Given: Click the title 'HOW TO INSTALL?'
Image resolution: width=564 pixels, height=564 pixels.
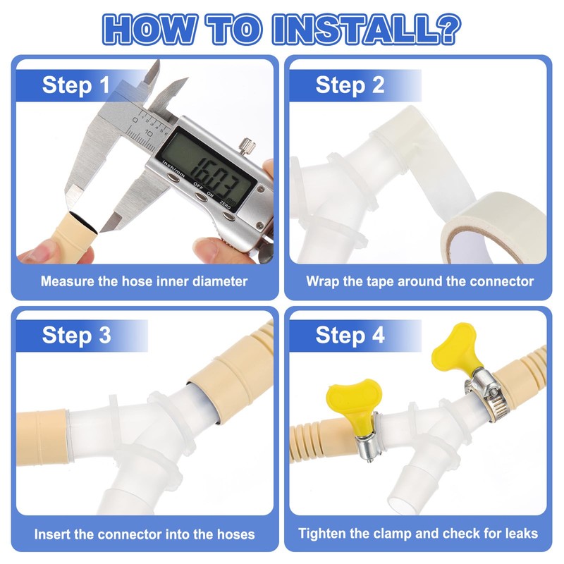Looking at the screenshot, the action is [281, 29].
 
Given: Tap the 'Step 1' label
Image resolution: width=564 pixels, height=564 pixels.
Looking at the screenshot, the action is [76, 85].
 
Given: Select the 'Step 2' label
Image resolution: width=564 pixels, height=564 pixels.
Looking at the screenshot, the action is [350, 85].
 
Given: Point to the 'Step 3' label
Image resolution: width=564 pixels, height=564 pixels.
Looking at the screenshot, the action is [76, 336].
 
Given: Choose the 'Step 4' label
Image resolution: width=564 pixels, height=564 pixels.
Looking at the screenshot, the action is [350, 336].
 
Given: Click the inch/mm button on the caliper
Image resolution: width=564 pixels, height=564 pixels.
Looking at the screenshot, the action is [173, 178].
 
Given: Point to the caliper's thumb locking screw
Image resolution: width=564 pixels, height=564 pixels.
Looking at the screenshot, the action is [247, 145].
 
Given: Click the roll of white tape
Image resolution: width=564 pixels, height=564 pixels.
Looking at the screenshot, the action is [493, 228].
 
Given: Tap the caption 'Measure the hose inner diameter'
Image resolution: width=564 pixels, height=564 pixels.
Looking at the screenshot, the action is [144, 281].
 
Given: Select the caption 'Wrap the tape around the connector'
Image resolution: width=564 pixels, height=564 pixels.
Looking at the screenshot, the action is [419, 281].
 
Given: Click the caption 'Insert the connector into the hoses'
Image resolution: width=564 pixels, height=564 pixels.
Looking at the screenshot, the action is [145, 534].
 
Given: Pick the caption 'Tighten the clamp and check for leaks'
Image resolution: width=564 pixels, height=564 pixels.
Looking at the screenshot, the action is [418, 534].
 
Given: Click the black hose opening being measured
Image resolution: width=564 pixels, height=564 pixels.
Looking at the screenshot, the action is [84, 223].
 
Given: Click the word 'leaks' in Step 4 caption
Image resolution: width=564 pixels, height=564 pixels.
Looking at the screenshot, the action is [520, 533].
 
